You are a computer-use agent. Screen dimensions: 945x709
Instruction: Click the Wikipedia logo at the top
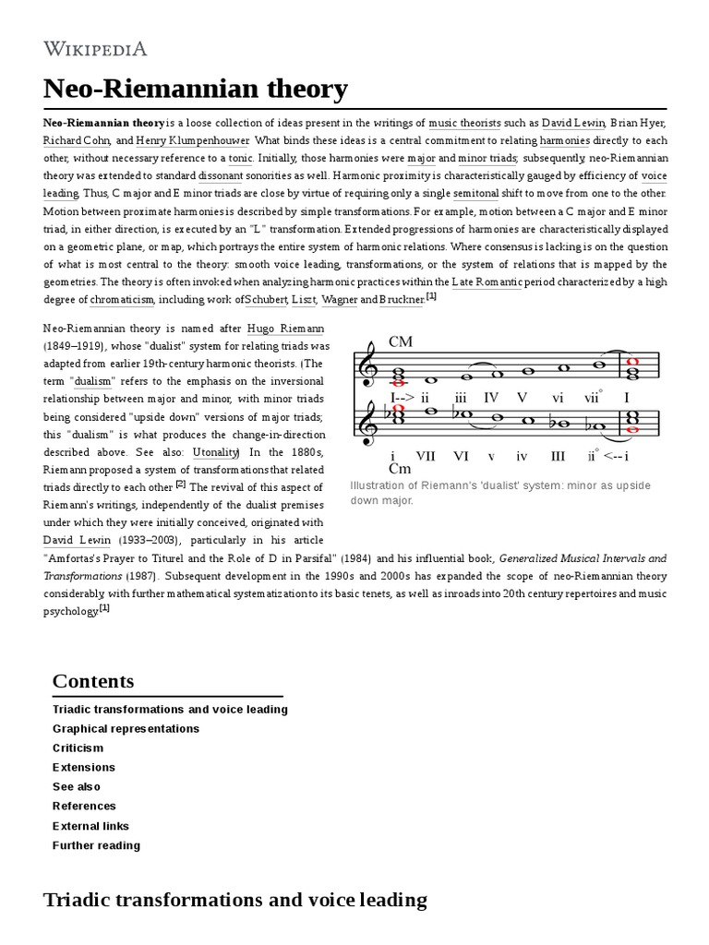(x=94, y=48)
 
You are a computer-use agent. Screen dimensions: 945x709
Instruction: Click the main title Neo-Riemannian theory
(x=195, y=89)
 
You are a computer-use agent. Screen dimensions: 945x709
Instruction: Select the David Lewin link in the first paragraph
(x=572, y=122)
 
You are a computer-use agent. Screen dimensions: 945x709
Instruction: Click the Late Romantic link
(x=487, y=281)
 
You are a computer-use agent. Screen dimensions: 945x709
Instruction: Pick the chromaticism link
(x=124, y=300)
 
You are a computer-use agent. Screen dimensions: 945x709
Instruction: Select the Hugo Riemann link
(x=286, y=329)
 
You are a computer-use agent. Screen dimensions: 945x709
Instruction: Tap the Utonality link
(x=216, y=451)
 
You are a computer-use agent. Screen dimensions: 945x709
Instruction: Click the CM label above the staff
(x=401, y=342)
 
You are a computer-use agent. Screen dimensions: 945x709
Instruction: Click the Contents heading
(x=93, y=681)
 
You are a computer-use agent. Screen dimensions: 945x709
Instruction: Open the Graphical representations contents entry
(x=126, y=728)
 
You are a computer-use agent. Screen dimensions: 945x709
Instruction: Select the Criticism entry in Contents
(x=78, y=748)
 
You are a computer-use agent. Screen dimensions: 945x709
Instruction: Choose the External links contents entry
(x=90, y=826)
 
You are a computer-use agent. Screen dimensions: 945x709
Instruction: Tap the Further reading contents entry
(x=96, y=845)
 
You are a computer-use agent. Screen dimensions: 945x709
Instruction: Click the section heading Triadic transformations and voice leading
(x=234, y=901)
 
